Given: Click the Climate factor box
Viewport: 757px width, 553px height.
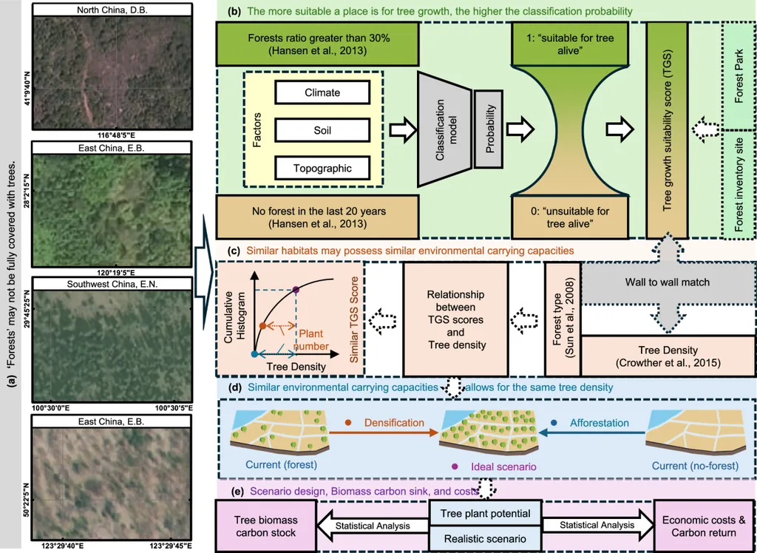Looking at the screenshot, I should [322, 92].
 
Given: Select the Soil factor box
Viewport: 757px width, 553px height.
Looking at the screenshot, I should [322, 130].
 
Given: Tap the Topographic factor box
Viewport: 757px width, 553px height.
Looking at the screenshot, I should [322, 168].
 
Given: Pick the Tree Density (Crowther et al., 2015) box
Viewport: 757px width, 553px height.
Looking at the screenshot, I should [668, 356].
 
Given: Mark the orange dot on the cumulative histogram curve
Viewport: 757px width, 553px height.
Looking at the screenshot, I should [262, 325].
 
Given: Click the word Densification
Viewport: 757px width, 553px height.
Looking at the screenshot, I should [394, 423].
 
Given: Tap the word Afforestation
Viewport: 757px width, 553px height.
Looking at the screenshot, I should [599, 423].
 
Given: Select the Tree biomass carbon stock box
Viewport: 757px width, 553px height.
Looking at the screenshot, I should [265, 526].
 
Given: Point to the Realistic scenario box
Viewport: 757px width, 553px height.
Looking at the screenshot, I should [485, 539].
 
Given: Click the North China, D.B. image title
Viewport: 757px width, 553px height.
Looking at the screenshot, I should [111, 9].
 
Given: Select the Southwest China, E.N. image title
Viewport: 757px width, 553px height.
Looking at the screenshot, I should [111, 283].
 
